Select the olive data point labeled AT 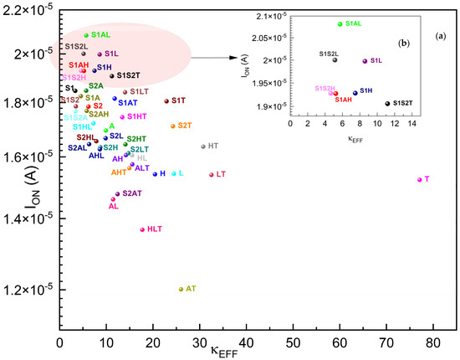[181, 289]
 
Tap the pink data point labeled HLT [142, 229]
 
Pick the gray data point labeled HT [203, 147]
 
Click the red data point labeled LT [212, 175]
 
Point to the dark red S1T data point [167, 101]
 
